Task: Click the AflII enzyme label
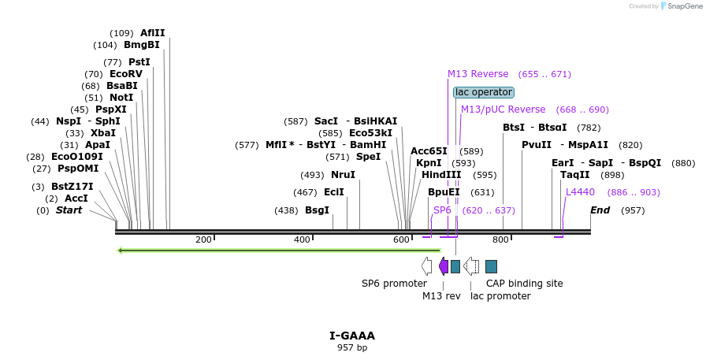coord(152,33)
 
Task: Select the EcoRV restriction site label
coord(125,74)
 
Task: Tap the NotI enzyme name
coord(121,98)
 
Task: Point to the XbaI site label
coord(102,133)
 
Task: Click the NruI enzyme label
coord(343,175)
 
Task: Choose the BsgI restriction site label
coord(317,210)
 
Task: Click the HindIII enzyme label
coord(440,175)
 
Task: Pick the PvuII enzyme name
coord(537,145)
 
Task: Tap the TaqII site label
coord(574,175)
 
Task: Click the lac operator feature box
coord(484,92)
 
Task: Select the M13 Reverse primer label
coord(477,74)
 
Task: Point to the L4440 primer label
coord(580,192)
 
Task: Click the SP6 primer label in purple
coord(442,210)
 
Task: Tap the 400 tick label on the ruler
coord(303,239)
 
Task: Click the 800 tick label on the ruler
coord(500,239)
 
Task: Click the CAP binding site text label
coord(524,284)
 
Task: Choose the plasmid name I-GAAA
coord(352,336)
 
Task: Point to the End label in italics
coord(600,210)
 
